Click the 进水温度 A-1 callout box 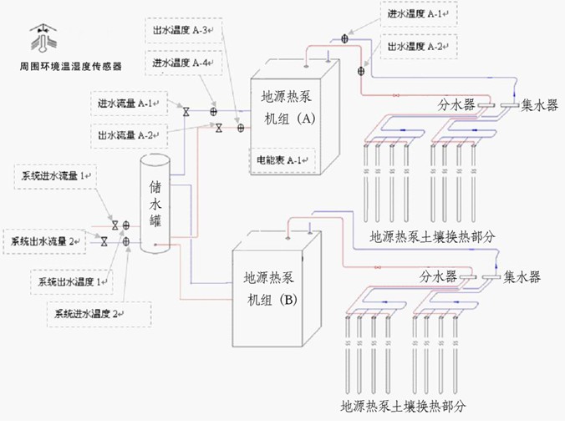coord(418,14)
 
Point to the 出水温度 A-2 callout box coord(418,47)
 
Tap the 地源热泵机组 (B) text coord(270,286)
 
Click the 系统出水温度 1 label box coord(70,282)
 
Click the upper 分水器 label coord(456,105)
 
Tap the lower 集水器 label coord(522,276)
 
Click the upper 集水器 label coord(539,105)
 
